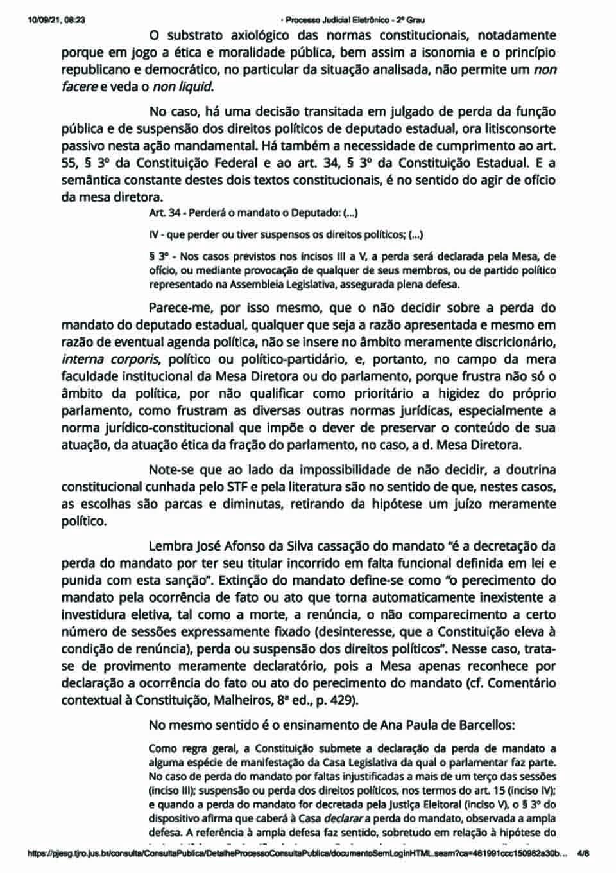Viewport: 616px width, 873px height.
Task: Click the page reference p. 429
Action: pos(332,700)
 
